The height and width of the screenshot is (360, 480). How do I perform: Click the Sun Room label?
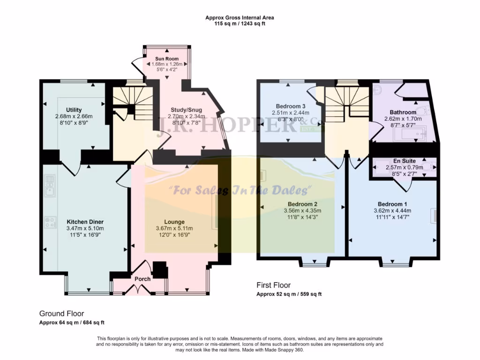[167, 58]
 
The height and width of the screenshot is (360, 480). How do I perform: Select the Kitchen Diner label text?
[85, 221]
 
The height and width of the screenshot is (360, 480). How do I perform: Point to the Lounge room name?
[174, 222]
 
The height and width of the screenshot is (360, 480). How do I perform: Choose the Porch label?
[142, 279]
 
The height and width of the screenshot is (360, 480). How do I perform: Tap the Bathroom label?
[403, 112]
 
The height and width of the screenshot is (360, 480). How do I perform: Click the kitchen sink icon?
[49, 186]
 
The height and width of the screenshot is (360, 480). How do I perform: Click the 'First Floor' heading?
[273, 285]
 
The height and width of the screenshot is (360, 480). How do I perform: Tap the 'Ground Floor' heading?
[61, 314]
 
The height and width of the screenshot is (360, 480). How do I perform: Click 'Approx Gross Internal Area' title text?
[240, 18]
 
